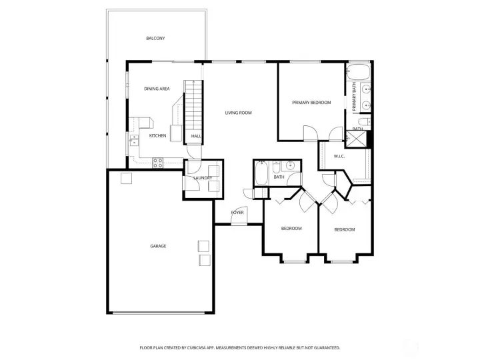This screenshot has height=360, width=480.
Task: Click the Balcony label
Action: pyautogui.click(x=155, y=38)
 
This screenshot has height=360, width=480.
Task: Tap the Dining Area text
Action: pyautogui.click(x=157, y=89)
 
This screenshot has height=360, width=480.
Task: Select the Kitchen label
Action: pyautogui.click(x=158, y=136)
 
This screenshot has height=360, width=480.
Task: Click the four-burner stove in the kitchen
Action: pyautogui.click(x=159, y=161)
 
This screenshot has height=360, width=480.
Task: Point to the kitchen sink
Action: pyautogui.click(x=134, y=140)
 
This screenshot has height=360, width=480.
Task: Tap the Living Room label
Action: pyautogui.click(x=238, y=113)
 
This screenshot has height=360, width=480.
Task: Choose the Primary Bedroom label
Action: pyautogui.click(x=311, y=103)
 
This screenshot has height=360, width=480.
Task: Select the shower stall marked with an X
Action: pyautogui.click(x=358, y=138)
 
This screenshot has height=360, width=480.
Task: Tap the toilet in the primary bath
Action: pyautogui.click(x=364, y=121)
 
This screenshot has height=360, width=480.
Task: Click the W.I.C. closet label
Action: pyautogui.click(x=339, y=156)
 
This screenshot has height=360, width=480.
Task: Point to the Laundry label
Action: pyautogui.click(x=203, y=178)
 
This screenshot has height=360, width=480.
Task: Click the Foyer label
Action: pyautogui.click(x=237, y=212)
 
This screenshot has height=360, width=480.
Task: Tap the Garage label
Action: pyautogui.click(x=158, y=246)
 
